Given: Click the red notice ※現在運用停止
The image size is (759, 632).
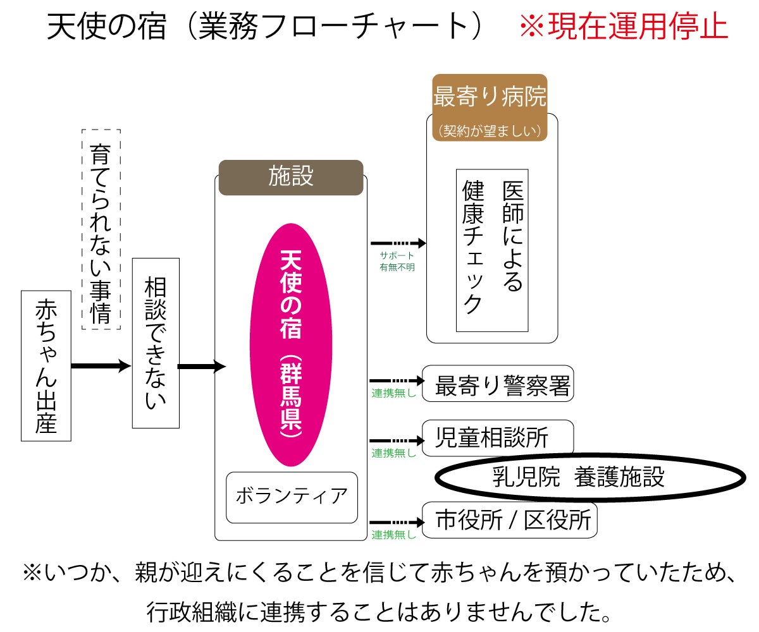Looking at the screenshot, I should (x=623, y=27).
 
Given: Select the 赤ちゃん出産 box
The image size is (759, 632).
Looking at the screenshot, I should (x=46, y=366).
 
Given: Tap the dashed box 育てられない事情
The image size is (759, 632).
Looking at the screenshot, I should (x=101, y=229).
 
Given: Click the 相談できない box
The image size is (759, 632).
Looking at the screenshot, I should (x=156, y=343).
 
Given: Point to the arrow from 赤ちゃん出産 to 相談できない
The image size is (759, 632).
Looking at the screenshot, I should (x=101, y=366).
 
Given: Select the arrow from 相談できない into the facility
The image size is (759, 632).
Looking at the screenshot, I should (x=202, y=366).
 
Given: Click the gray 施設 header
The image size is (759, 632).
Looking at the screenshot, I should (x=291, y=178).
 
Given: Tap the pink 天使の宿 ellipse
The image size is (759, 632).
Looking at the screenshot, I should (x=291, y=344).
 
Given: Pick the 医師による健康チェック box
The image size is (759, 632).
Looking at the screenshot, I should (x=492, y=250).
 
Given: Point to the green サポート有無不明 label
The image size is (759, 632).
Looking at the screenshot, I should (x=397, y=261).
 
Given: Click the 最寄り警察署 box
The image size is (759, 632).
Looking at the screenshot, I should (x=498, y=384).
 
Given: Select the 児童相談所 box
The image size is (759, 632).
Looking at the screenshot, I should (x=498, y=437).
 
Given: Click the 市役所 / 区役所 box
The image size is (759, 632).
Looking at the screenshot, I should (x=509, y=520).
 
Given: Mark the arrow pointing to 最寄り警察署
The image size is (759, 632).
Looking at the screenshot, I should (x=396, y=381).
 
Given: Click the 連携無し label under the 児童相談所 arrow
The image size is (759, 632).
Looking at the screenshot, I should (x=394, y=453).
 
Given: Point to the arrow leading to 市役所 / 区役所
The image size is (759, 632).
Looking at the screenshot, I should (x=396, y=522).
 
